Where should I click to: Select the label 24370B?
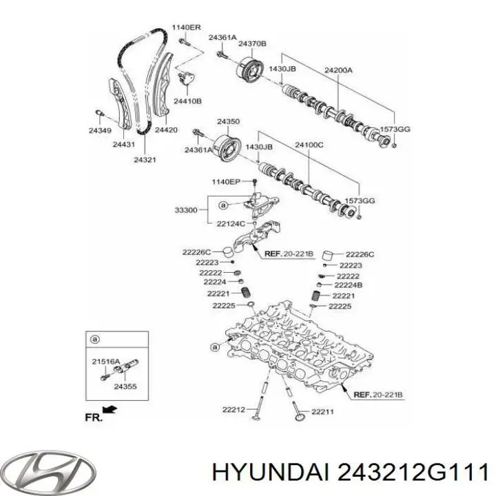(x=253, y=44)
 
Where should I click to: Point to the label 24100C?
(x=309, y=146)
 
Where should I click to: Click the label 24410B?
(x=187, y=101)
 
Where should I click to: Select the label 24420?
(x=166, y=129)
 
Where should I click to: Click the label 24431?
(x=124, y=144)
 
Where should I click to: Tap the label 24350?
(x=228, y=122)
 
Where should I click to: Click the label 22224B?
(x=349, y=285)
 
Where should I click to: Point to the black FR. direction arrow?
(x=110, y=412)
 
